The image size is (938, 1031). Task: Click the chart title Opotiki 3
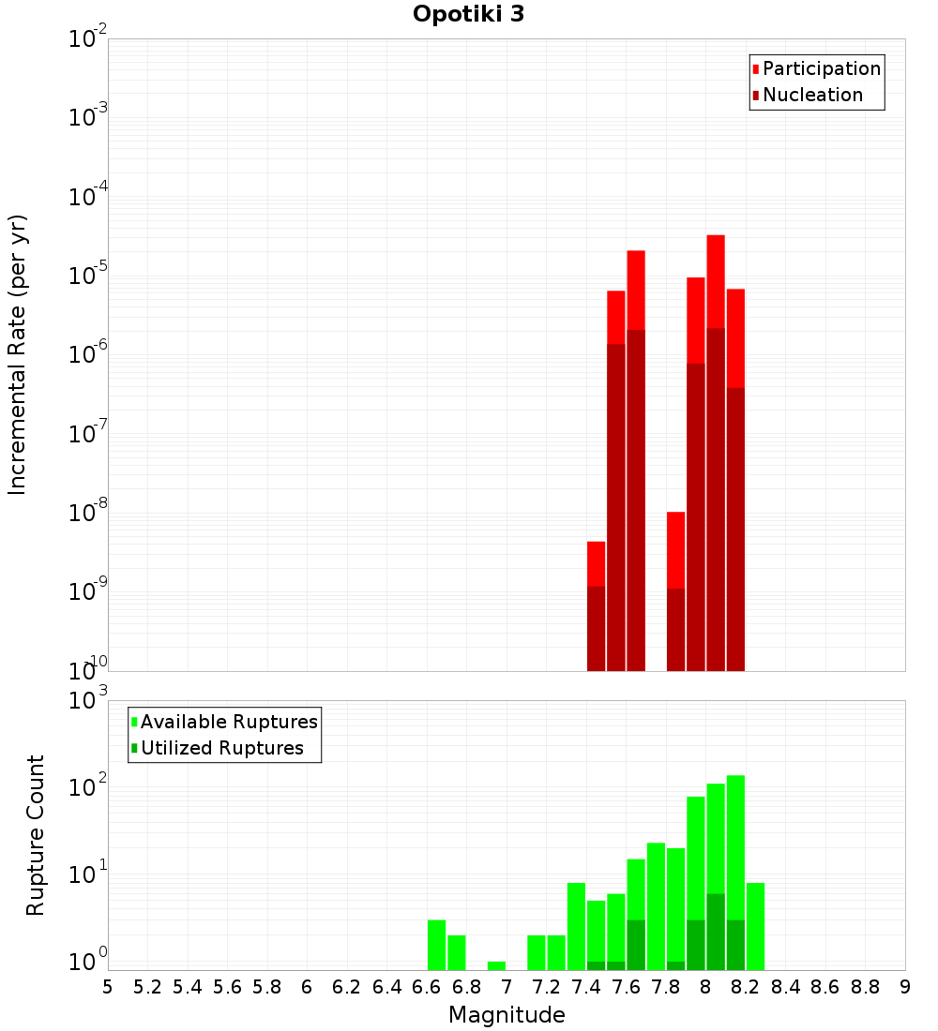tap(468, 15)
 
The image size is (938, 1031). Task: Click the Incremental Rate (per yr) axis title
tap(17, 355)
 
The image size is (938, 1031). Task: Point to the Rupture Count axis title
tap(36, 835)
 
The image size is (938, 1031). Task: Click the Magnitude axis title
tap(507, 1015)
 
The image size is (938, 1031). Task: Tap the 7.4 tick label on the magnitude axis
tap(586, 987)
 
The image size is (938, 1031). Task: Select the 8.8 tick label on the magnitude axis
tap(865, 987)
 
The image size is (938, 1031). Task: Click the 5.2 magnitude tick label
tap(148, 987)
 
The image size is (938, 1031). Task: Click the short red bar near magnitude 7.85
tap(675, 549)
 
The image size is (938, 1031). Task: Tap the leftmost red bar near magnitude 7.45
tap(596, 563)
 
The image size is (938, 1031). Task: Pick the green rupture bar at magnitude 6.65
tap(436, 945)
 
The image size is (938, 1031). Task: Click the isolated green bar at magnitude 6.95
tap(496, 965)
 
